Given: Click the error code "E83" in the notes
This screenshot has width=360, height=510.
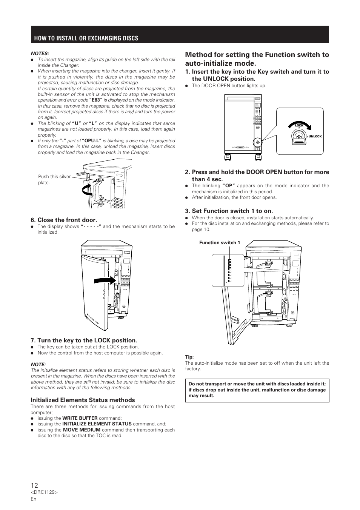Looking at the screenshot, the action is [95, 100].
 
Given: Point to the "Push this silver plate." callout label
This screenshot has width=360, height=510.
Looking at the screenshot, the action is [54, 179].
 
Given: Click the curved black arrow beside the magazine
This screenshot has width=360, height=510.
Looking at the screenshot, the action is [87, 190].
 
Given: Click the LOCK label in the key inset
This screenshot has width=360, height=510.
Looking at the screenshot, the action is [299, 125].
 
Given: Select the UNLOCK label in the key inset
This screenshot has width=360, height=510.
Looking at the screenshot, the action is [315, 136].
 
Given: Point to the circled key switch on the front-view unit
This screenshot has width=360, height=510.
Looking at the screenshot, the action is [258, 143].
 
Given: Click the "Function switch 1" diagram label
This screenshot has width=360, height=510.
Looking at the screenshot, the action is [220, 243].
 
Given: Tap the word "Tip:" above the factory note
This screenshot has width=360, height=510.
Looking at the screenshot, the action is [189, 357].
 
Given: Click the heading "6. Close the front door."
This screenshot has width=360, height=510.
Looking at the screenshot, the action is [64, 220].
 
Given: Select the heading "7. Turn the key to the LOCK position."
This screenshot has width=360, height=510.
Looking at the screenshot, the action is [84, 341].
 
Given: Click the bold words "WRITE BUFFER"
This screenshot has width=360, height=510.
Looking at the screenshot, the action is [80, 418].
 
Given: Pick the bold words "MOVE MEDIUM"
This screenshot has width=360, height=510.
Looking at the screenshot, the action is [82, 430].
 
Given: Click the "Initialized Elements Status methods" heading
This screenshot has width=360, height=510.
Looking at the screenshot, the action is [83, 400].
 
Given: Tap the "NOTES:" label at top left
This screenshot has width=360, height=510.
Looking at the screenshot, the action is [40, 54].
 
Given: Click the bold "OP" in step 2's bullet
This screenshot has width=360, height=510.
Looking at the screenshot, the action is [228, 186].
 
